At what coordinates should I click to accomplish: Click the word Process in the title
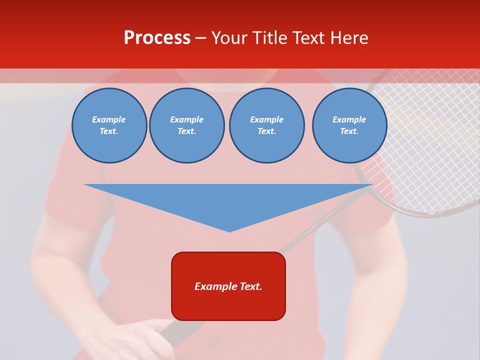coord(157,38)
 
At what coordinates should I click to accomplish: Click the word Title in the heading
coord(268,38)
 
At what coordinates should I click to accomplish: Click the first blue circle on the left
coord(109,125)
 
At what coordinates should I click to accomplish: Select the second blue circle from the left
coord(186,125)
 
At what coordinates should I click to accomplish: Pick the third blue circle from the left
coord(266,125)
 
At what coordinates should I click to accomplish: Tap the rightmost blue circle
coord(349,125)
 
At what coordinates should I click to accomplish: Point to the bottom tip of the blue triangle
coord(229,231)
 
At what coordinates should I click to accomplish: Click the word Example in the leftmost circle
coord(109,119)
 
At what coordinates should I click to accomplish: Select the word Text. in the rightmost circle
coord(349,131)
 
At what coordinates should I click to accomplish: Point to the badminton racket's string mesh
coord(430,150)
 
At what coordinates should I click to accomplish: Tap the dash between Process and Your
coord(201,38)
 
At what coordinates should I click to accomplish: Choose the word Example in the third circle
coord(266,119)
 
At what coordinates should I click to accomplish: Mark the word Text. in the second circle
coord(186,131)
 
